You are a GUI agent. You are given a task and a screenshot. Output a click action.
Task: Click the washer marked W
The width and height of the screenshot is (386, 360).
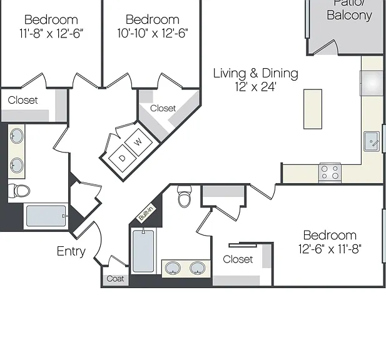click(138, 142)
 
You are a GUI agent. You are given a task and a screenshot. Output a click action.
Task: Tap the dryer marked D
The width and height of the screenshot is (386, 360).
click(123, 158)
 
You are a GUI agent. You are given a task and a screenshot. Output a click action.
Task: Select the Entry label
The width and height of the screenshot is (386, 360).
click(71, 251)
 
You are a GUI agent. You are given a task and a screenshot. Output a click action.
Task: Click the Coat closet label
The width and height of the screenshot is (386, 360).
click(115, 279)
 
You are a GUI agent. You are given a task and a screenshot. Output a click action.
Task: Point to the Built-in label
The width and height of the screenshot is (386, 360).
click(146, 214)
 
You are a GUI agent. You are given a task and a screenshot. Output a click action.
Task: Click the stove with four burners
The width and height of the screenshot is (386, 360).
click(330, 172)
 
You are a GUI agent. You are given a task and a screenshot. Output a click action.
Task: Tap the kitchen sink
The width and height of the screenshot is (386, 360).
click(372, 141)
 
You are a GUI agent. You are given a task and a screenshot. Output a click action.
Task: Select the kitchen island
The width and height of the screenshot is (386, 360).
click(313, 109)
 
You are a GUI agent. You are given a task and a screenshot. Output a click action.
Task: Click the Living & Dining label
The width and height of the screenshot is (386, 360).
click(255, 73)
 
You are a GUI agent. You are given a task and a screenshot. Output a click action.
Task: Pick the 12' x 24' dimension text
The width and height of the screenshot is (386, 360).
click(255, 87)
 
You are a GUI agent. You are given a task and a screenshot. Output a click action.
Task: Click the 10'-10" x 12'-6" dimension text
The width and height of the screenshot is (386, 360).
click(153, 33)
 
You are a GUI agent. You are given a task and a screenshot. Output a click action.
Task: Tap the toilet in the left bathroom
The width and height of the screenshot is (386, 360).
click(19, 191)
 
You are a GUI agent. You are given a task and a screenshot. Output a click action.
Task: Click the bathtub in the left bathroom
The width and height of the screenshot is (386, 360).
click(46, 216)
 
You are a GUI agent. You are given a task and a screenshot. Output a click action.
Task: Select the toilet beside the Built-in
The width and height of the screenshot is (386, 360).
click(185, 196)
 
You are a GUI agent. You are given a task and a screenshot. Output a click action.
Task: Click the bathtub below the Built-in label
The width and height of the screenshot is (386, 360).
click(143, 251)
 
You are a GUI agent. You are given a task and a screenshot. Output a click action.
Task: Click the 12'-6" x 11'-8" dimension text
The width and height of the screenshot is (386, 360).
click(330, 249)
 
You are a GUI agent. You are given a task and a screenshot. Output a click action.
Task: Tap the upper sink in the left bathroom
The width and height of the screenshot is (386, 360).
click(17, 136)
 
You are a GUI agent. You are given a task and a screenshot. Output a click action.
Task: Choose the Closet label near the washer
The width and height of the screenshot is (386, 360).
click(163, 108)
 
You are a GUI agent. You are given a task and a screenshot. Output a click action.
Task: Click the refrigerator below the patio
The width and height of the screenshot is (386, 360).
click(372, 83)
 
